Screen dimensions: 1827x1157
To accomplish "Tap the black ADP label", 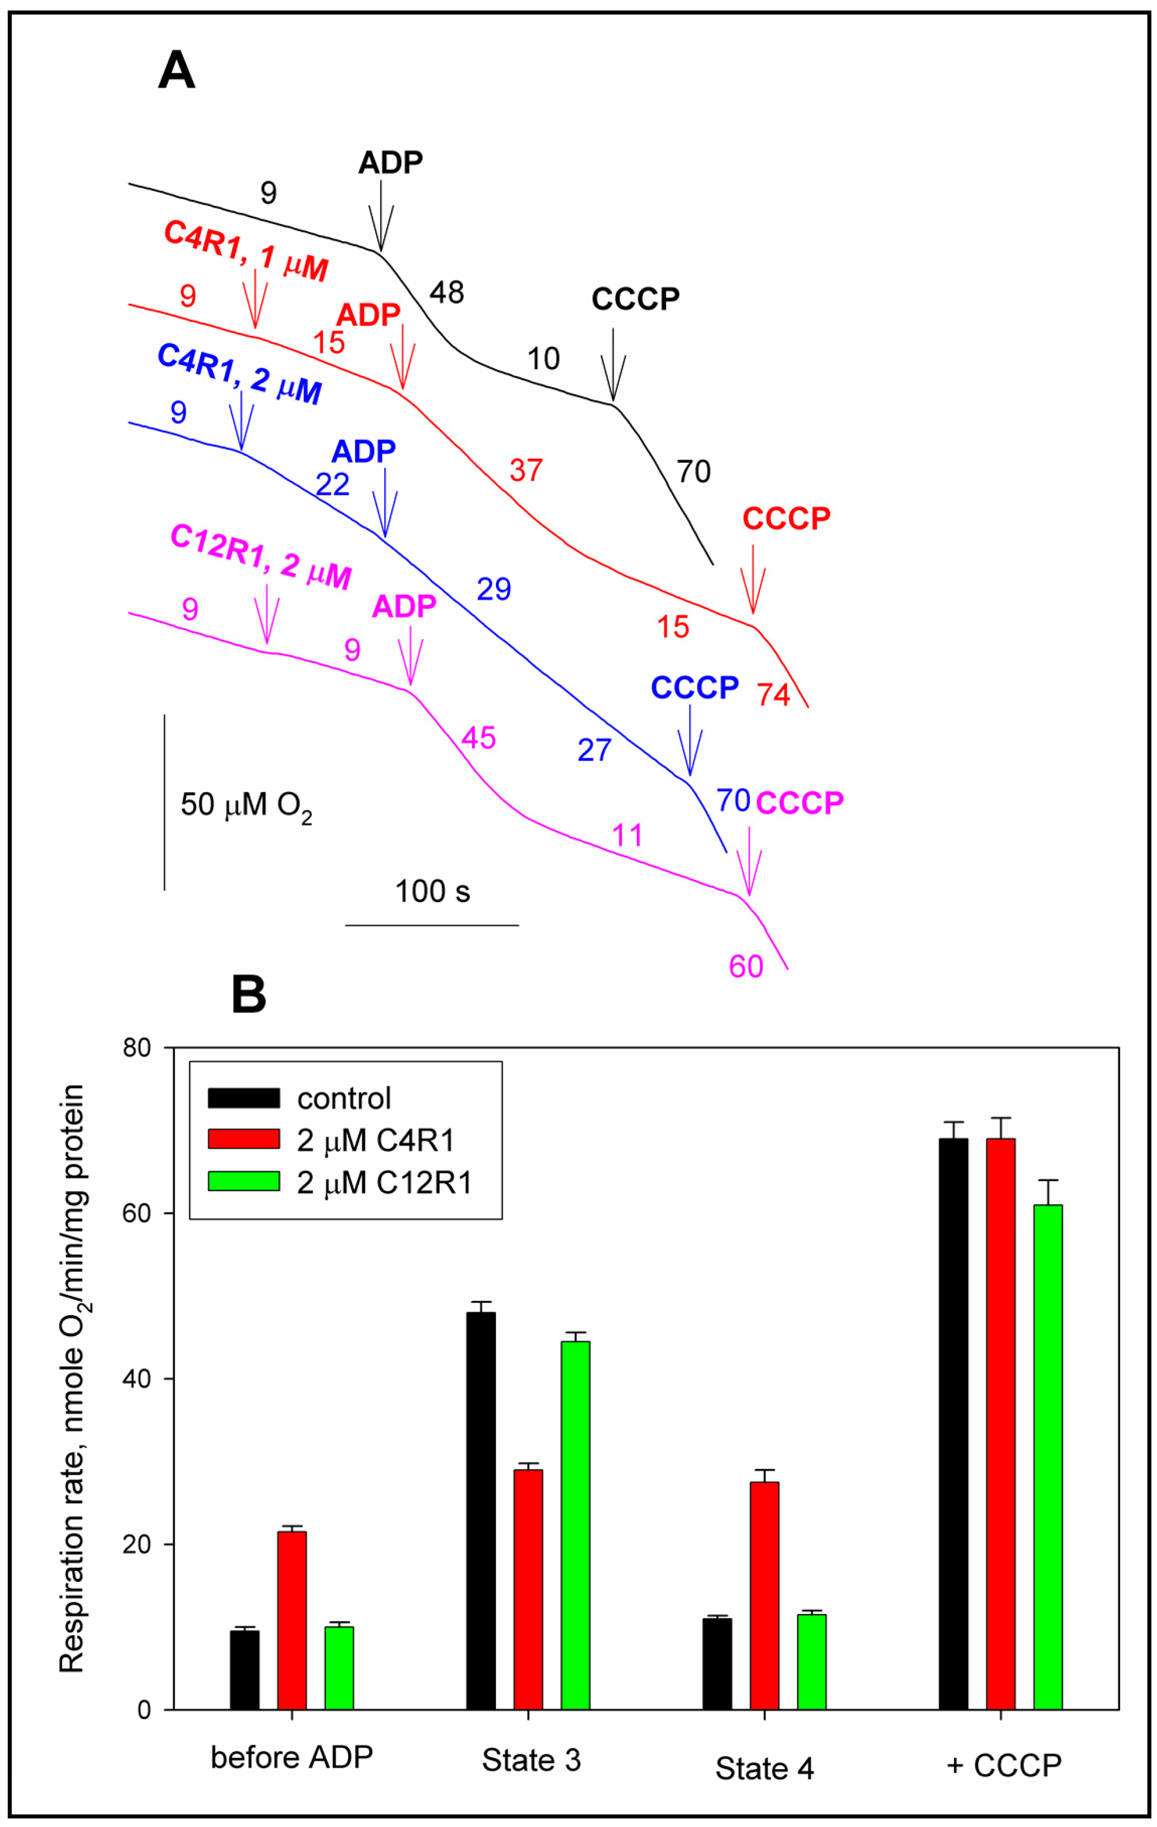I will [x=390, y=163].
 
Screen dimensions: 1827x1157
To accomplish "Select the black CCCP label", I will [x=635, y=300].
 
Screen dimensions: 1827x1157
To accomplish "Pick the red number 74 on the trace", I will [x=773, y=695].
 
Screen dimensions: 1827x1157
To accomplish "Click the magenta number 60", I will [x=746, y=966].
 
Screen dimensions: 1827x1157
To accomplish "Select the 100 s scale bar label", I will [x=432, y=892].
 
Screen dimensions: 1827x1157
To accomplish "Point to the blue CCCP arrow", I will [x=690, y=741].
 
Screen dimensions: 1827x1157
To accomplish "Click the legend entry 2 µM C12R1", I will [x=383, y=1182].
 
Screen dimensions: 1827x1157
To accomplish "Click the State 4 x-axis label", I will [x=764, y=1768].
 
